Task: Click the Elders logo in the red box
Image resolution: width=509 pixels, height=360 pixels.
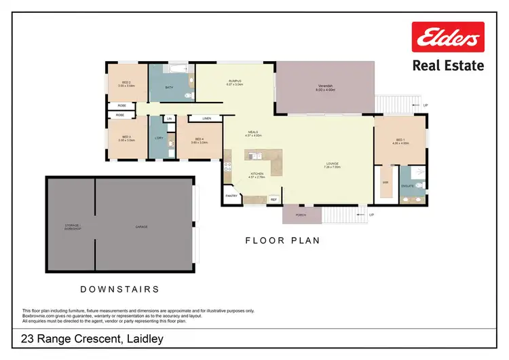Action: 448,37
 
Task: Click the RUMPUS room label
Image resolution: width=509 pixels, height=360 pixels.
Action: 235,80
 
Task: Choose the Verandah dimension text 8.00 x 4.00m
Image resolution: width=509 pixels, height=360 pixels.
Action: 326,90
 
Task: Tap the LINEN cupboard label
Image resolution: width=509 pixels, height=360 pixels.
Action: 206,119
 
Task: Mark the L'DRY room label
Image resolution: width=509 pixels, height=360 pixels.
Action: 158,139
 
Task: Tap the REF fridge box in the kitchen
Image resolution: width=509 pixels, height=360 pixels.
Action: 274,200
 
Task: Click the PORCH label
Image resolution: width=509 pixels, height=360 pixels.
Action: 301,215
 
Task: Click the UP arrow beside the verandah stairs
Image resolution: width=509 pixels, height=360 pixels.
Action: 426,105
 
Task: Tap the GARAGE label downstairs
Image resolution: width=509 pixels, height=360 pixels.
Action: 141,226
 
